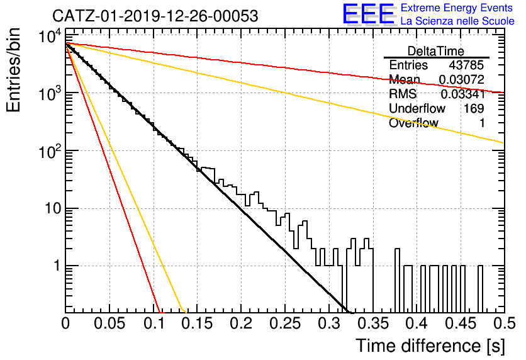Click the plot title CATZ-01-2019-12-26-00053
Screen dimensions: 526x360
click(155, 16)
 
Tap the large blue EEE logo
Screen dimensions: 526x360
click(368, 14)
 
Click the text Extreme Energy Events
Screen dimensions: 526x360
click(457, 8)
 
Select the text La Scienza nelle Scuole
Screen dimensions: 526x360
click(457, 21)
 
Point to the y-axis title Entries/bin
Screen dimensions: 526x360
click(13, 70)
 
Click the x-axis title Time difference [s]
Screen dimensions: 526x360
click(430, 346)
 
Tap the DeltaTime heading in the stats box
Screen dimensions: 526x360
click(436, 51)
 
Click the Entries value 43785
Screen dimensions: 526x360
click(466, 65)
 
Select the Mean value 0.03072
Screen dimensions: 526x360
click(462, 79)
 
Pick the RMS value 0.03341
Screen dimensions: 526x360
click(462, 94)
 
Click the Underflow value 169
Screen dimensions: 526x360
click(474, 108)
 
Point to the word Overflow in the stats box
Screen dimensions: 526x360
click(413, 123)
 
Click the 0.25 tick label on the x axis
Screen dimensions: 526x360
click(285, 323)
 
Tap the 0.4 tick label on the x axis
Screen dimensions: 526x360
click(417, 323)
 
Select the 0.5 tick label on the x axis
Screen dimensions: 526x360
click(504, 323)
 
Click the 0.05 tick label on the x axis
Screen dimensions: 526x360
click(109, 323)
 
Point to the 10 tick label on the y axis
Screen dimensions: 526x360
click(53, 208)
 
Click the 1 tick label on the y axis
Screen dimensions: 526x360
click(57, 266)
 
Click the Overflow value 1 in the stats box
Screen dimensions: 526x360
click(482, 123)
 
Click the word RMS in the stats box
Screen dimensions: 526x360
click(403, 94)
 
